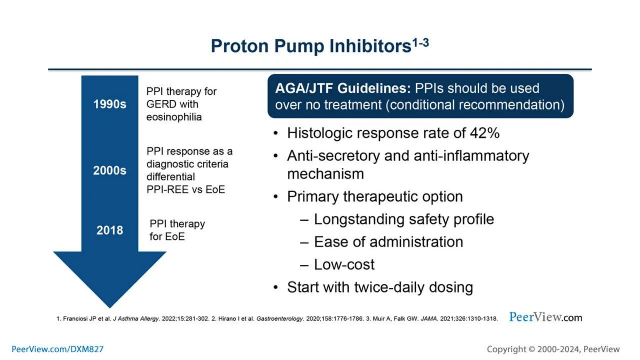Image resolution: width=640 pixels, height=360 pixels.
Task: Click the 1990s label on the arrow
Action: click(110, 104)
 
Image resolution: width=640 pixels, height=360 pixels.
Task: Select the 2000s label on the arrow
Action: click(110, 171)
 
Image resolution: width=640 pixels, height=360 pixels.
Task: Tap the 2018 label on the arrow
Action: click(110, 230)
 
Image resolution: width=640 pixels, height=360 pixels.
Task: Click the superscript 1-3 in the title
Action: click(421, 42)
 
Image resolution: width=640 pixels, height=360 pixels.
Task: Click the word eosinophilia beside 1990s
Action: click(174, 117)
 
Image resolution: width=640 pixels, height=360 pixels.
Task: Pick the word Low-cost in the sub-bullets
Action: click(344, 265)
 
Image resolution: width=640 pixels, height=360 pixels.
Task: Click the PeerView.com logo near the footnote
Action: click(545, 317)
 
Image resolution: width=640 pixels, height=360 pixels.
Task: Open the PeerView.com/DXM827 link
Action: click(57, 349)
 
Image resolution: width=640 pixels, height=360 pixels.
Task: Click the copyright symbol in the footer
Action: click(532, 349)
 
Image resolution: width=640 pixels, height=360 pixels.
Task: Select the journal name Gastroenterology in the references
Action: click(280, 319)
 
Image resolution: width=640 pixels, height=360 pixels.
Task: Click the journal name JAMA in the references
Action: click(429, 319)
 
